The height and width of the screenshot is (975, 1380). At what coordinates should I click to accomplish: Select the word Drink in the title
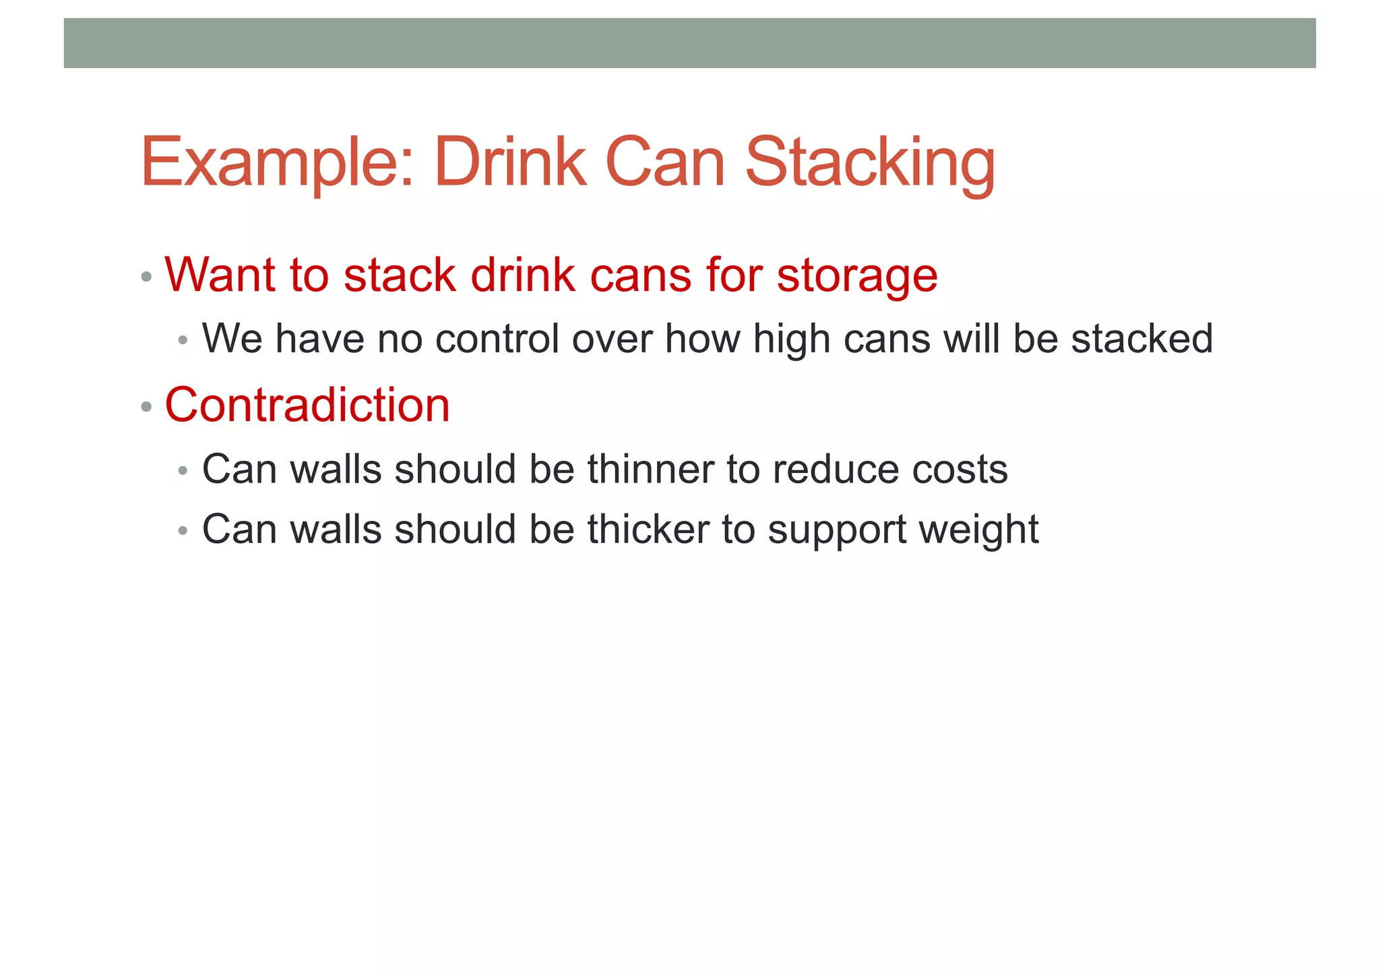510,163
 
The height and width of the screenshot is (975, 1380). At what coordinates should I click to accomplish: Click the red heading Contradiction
307,406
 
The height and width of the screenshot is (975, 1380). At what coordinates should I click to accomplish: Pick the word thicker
648,529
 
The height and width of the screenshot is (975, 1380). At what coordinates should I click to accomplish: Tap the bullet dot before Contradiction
146,407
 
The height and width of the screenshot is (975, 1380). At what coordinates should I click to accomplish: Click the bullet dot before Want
146,277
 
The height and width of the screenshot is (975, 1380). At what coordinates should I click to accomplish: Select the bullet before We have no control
183,340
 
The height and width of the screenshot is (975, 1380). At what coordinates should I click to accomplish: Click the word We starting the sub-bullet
232,338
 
